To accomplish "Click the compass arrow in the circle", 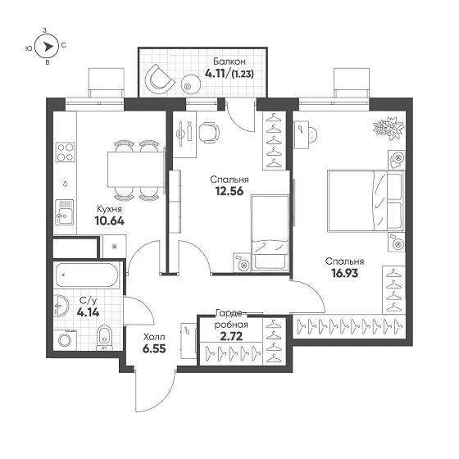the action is [x=48, y=46].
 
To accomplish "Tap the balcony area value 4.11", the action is [x=215, y=74].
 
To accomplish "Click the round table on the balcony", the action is [x=191, y=84].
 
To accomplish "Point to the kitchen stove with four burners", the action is [x=66, y=152].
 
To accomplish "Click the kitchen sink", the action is [x=65, y=212].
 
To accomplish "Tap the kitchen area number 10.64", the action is [x=110, y=220].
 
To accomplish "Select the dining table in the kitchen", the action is [x=136, y=169].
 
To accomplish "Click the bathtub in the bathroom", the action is [x=87, y=275].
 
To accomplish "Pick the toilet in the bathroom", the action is [x=104, y=338].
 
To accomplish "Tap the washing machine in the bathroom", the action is [x=66, y=340].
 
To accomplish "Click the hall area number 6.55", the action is [x=154, y=348].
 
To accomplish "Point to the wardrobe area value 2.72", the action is [x=231, y=336].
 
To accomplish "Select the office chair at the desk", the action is [x=209, y=133].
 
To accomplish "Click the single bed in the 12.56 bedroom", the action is [x=270, y=232].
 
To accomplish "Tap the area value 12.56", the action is [x=229, y=191].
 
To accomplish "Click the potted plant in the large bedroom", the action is [x=389, y=128].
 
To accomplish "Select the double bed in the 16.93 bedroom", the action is [x=366, y=201].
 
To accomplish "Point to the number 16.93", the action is [x=345, y=273].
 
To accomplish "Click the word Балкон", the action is [x=229, y=61].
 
